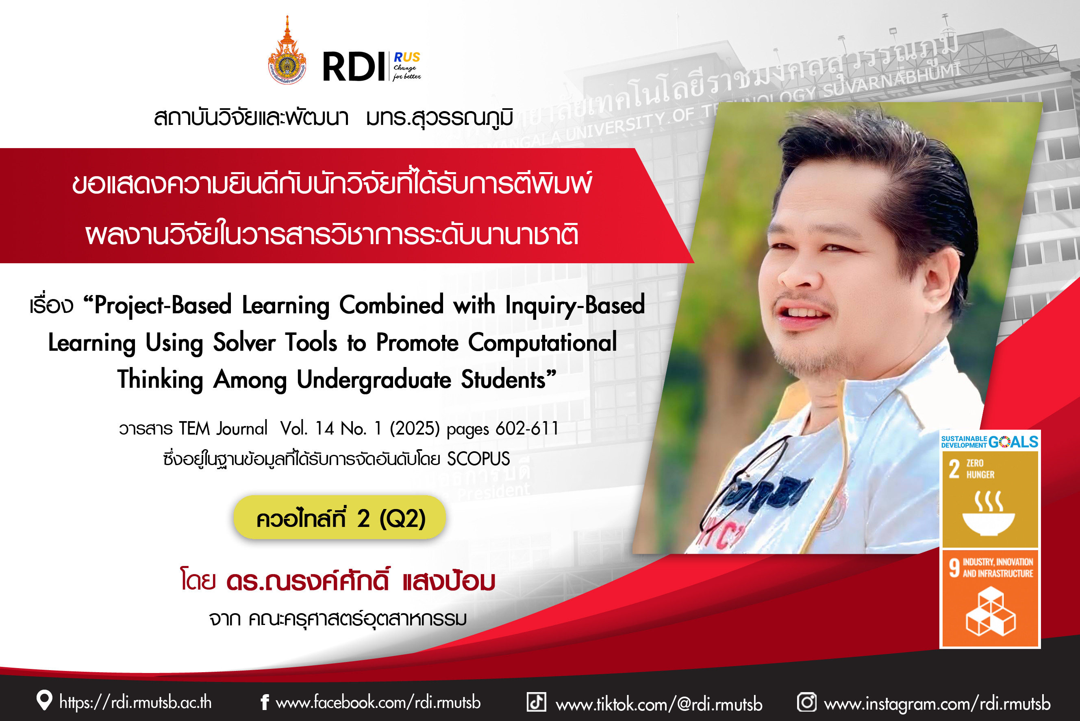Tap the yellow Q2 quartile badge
click(x=340, y=517)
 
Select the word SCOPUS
click(x=478, y=459)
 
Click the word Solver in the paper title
click(x=244, y=342)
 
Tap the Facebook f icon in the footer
click(x=265, y=702)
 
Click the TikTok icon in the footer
click(x=536, y=702)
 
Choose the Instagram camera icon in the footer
click(x=807, y=702)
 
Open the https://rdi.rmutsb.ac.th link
click(x=135, y=702)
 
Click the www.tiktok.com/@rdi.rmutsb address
click(x=659, y=704)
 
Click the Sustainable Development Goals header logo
click(x=990, y=441)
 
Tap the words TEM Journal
click(x=223, y=428)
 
